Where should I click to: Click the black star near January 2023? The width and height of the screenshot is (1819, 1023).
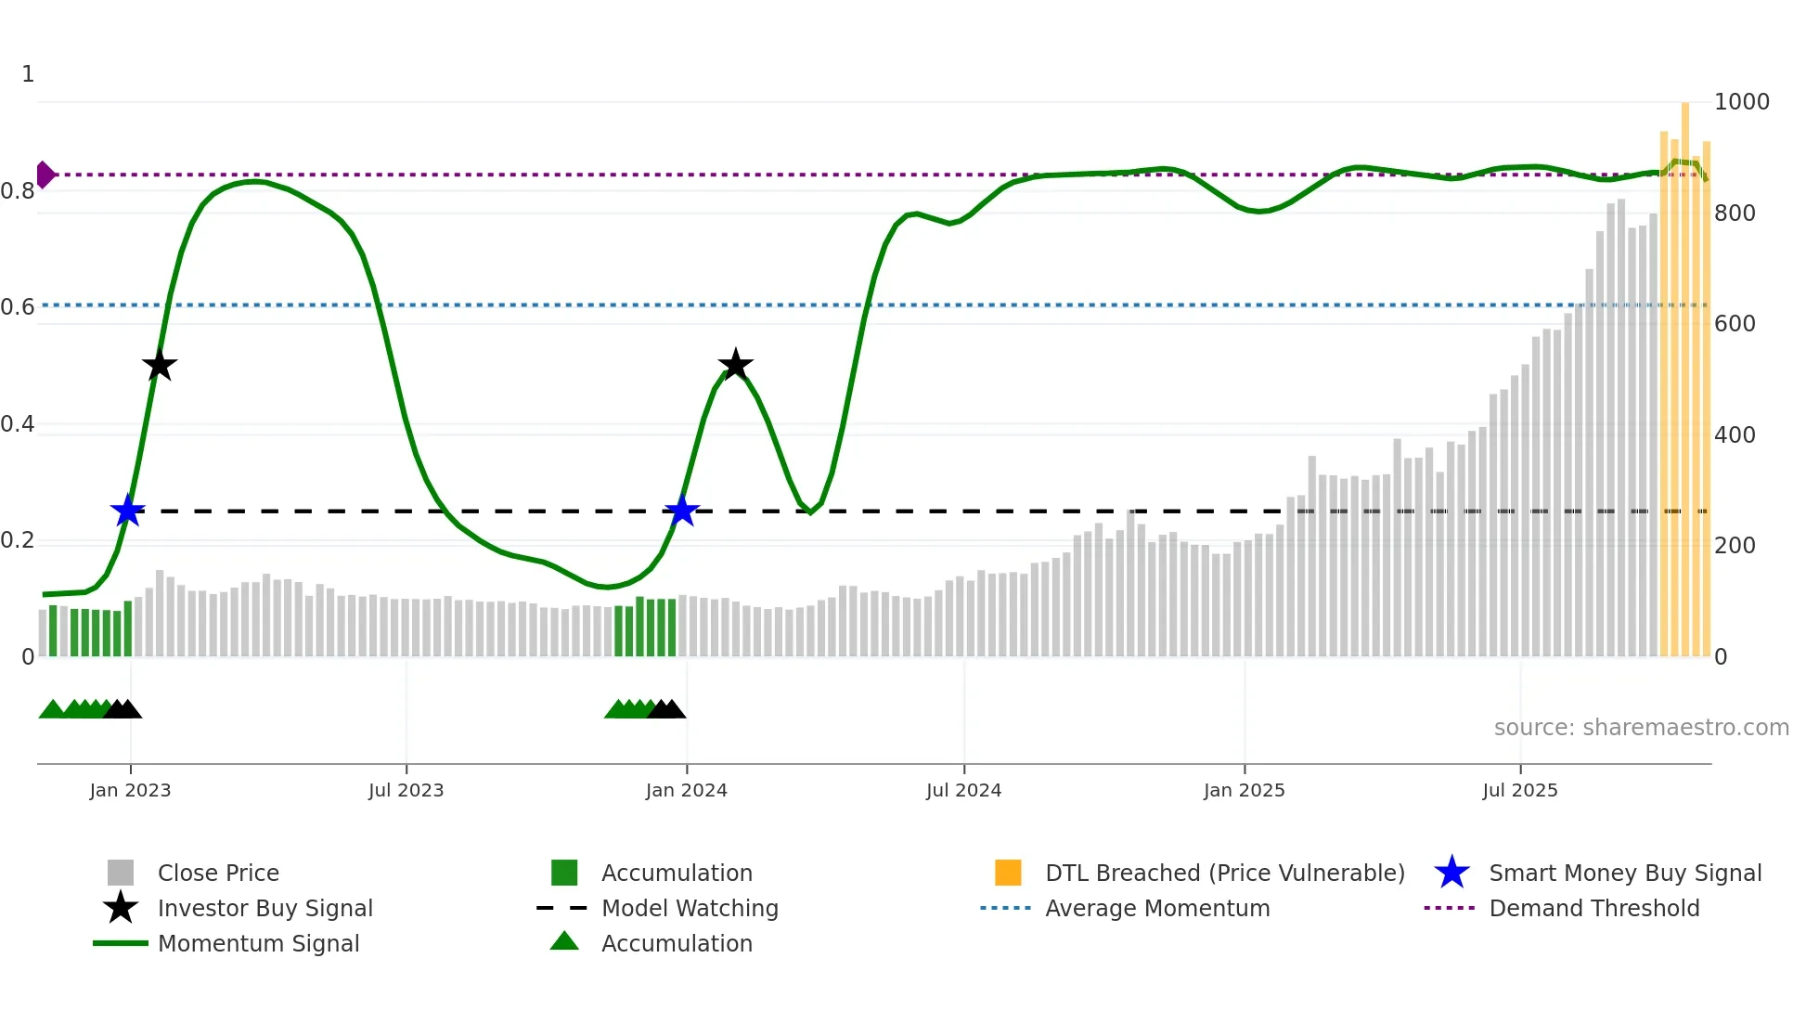pos(160,365)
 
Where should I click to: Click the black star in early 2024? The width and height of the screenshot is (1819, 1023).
pos(735,365)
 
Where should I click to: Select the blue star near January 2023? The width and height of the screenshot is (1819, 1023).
pos(128,511)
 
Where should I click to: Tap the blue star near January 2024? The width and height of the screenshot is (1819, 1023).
pos(682,511)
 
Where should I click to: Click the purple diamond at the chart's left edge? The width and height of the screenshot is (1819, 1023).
pos(45,175)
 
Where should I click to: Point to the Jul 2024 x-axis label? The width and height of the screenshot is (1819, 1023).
pos(963,790)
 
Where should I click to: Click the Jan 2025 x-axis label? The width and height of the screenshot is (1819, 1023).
pos(1244,790)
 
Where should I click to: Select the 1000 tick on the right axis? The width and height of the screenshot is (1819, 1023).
pos(1741,102)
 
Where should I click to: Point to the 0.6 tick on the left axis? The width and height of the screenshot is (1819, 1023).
pos(19,307)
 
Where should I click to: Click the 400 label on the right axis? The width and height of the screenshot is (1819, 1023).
pos(1735,434)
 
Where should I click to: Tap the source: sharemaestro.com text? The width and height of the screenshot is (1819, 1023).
pos(1641,727)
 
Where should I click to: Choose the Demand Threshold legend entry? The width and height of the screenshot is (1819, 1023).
pos(1593,908)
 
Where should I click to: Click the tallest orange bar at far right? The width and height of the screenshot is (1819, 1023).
pos(1685,371)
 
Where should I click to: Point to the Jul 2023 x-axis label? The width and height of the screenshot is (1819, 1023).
pos(406,790)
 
